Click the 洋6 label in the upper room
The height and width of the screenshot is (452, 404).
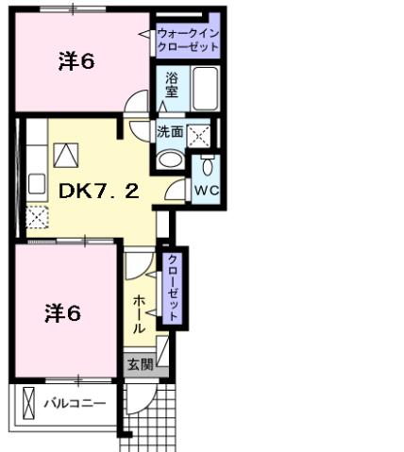[x=76, y=62]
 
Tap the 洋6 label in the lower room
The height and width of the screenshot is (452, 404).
[x=63, y=313]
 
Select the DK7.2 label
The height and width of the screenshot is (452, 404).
[x=99, y=191]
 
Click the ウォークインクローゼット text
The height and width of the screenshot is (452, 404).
[x=189, y=39]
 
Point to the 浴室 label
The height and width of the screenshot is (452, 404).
[x=172, y=88]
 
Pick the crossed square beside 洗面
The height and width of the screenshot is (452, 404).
[x=199, y=136]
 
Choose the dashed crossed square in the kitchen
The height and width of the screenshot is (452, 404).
[x=37, y=218]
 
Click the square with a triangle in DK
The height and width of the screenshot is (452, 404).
[x=67, y=154]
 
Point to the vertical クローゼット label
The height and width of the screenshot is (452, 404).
[x=173, y=287]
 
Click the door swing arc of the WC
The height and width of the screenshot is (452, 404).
[x=176, y=192]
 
